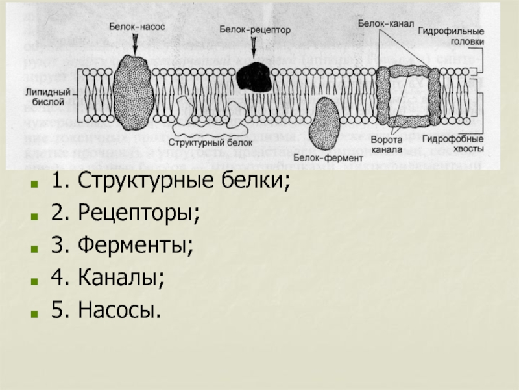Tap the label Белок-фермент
point(328,157)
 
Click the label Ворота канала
point(388,144)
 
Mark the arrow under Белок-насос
point(135,43)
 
